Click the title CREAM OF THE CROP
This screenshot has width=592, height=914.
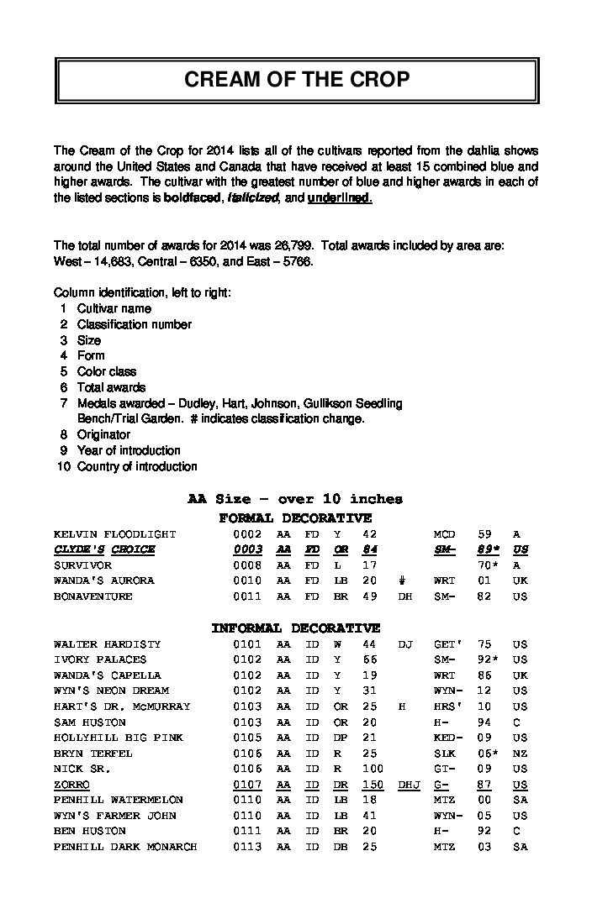point(296,80)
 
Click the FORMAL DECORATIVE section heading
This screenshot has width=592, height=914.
point(295,518)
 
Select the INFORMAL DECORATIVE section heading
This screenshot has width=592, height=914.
point(295,628)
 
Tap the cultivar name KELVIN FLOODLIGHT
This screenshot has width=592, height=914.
point(115,534)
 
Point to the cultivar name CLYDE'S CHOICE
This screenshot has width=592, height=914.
point(104,549)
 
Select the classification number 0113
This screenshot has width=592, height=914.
point(247,847)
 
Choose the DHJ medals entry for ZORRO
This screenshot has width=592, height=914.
point(408,785)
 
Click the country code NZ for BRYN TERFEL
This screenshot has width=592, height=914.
point(521,754)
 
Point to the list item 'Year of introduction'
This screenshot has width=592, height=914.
point(129,450)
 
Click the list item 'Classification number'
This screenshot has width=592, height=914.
point(135,324)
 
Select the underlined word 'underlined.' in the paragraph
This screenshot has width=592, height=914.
point(340,198)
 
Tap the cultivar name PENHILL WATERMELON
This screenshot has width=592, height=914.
point(119,800)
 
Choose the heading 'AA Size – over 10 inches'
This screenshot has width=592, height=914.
point(295,499)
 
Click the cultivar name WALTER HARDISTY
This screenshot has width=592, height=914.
point(107,644)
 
